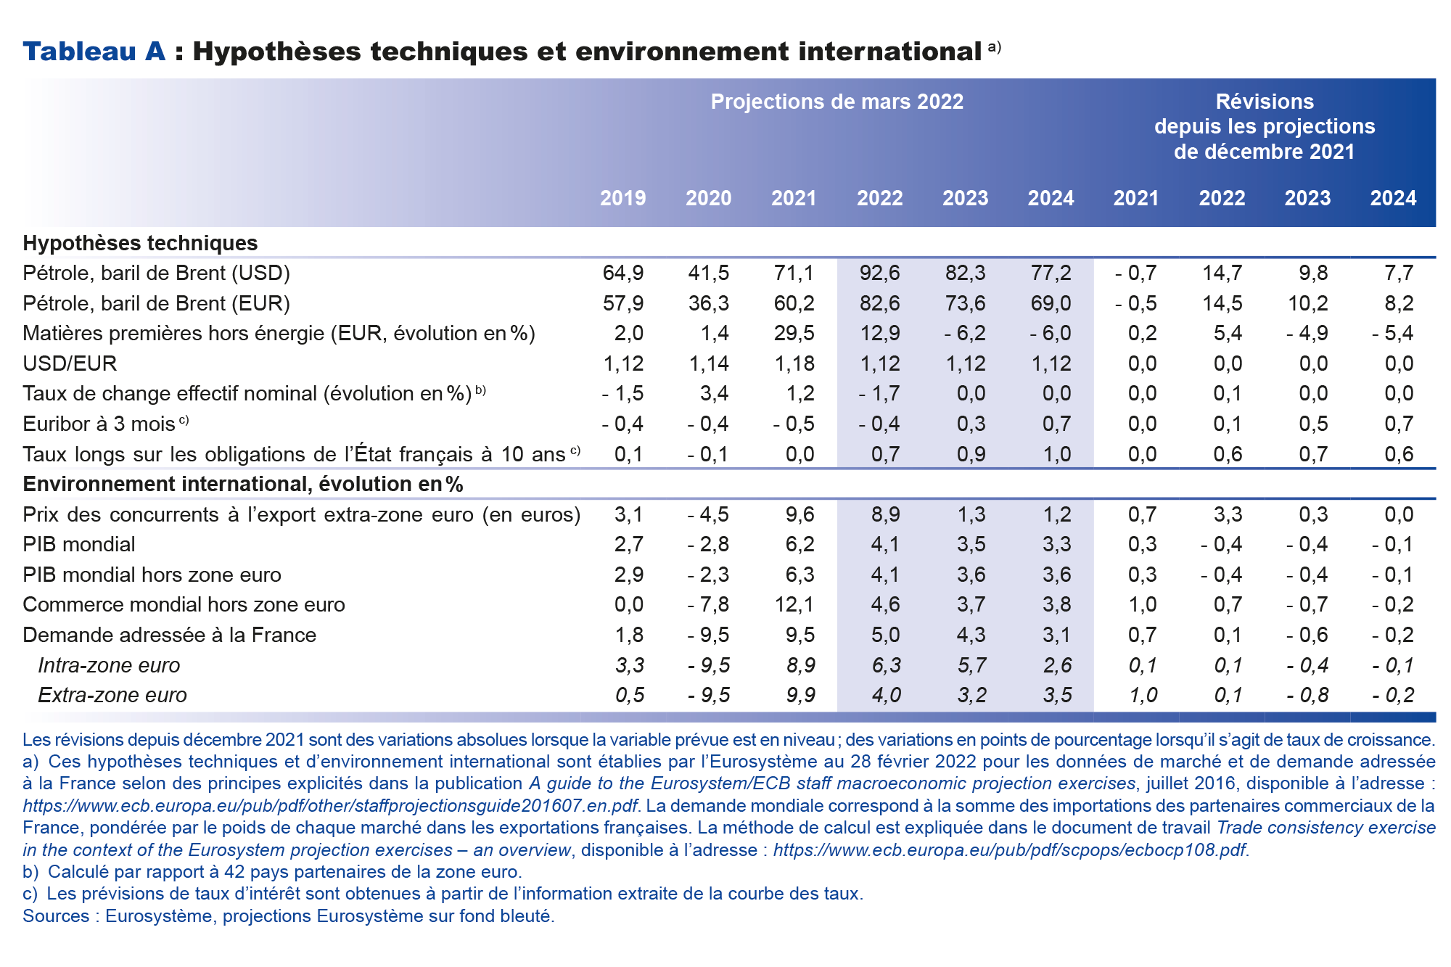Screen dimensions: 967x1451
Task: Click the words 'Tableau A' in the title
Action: click(x=94, y=52)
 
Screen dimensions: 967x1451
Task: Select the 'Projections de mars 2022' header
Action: click(x=837, y=102)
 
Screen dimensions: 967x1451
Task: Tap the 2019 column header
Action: click(x=622, y=198)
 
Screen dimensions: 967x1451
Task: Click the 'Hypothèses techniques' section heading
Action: click(x=140, y=243)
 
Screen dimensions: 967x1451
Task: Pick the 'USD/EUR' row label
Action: click(x=70, y=363)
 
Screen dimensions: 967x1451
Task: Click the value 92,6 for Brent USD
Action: click(x=879, y=273)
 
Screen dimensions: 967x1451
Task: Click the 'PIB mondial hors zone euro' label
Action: click(x=152, y=575)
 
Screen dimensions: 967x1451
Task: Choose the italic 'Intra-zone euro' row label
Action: click(x=109, y=665)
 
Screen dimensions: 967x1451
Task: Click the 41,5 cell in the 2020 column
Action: click(x=708, y=273)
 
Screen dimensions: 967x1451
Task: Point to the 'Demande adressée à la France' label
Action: click(x=169, y=635)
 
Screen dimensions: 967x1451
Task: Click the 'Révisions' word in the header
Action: click(x=1265, y=102)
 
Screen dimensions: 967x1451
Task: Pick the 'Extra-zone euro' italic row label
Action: click(x=112, y=695)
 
